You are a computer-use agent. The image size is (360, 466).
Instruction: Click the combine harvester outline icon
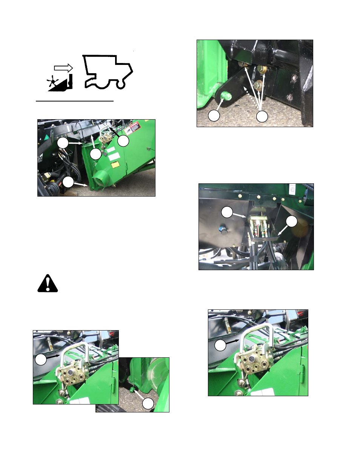(x=108, y=72)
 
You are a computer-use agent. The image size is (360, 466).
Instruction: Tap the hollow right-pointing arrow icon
(x=63, y=68)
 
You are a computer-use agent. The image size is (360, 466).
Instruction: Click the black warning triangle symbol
(x=48, y=284)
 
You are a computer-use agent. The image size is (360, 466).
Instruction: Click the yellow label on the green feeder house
(x=115, y=165)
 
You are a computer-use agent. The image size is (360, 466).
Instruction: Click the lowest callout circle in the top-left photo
(x=68, y=182)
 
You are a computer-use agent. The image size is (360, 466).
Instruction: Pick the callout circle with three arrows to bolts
(x=262, y=116)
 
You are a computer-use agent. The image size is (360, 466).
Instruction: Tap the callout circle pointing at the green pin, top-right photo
(x=214, y=115)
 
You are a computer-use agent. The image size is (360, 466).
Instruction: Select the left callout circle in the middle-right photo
(x=227, y=212)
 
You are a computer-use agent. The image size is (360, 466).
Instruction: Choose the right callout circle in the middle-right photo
(x=291, y=221)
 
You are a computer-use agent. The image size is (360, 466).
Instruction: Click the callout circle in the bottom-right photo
(x=220, y=345)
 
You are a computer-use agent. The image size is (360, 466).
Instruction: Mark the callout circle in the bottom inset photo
(x=148, y=403)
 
